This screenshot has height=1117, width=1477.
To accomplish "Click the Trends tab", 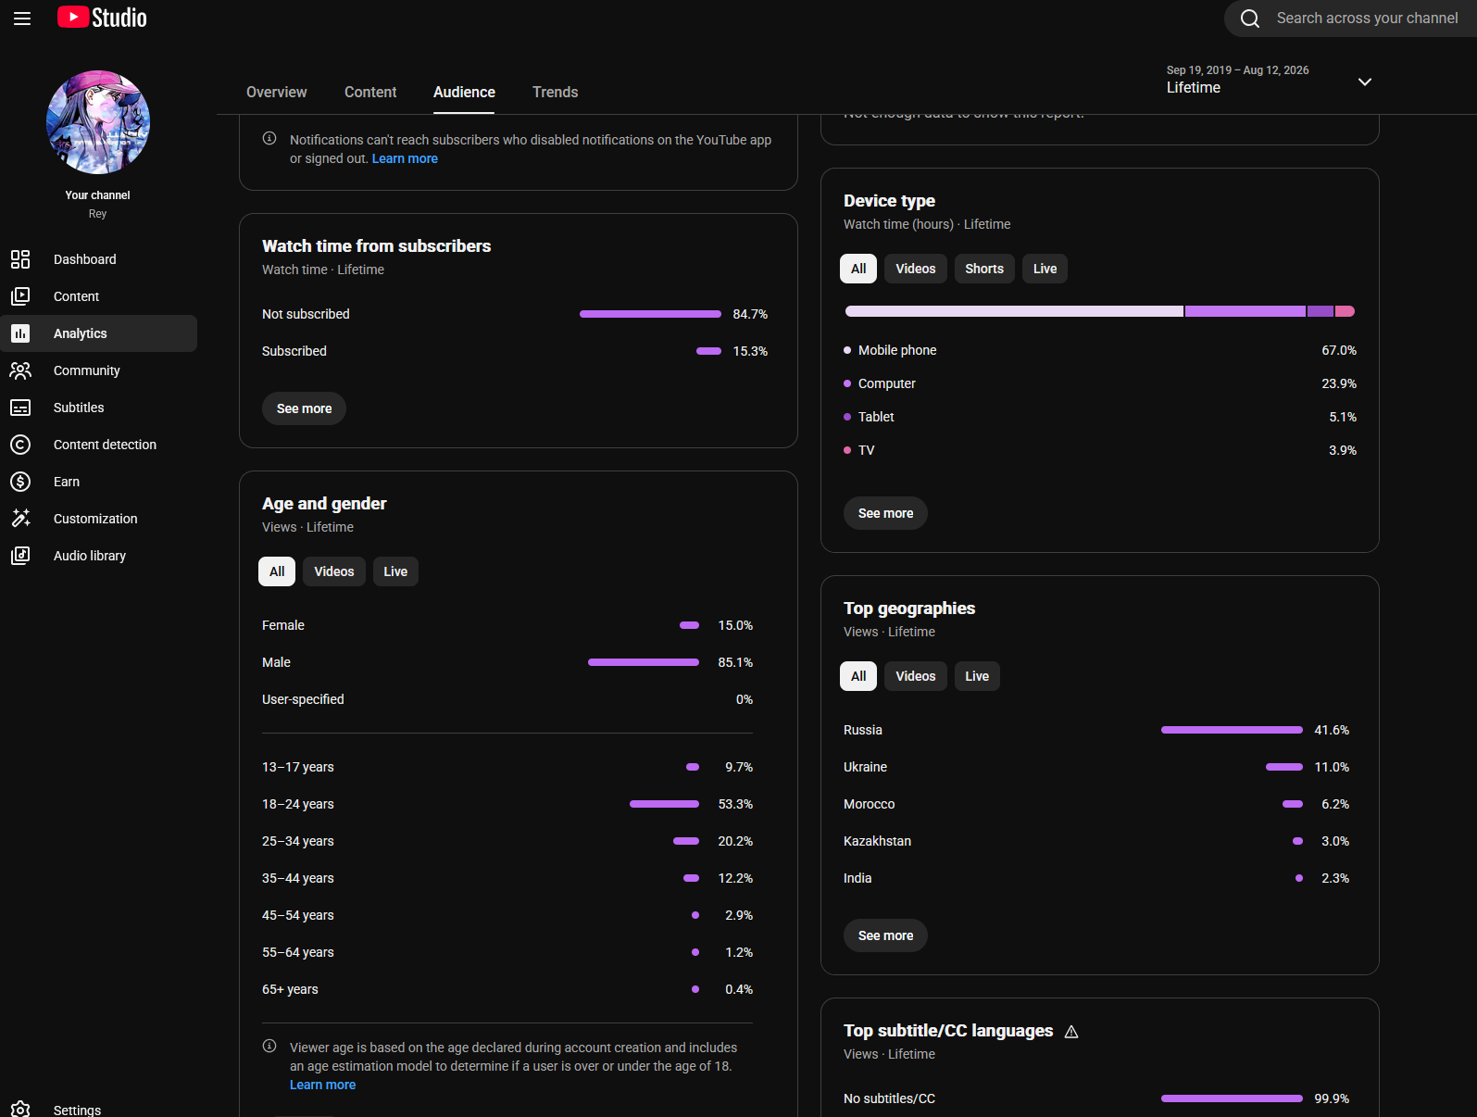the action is (x=555, y=93).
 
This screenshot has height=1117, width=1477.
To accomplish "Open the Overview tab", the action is (x=277, y=93).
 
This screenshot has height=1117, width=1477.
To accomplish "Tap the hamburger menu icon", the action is (x=22, y=19).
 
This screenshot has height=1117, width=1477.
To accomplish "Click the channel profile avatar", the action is (x=98, y=122).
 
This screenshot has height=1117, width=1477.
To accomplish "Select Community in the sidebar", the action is (x=87, y=370).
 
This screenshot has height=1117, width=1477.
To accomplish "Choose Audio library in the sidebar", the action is (x=90, y=556).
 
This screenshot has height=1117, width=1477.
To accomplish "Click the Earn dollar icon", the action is (x=20, y=482).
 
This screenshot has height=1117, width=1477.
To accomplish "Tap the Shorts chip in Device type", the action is (x=984, y=269).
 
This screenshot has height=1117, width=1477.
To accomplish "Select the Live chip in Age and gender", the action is (x=395, y=571).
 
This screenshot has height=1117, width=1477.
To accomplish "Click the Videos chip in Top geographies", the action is (x=915, y=676).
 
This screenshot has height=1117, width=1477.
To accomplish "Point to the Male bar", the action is (x=644, y=663).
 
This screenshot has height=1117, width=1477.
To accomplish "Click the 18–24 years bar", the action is (x=664, y=804).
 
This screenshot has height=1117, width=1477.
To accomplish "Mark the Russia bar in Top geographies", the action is (x=1232, y=730).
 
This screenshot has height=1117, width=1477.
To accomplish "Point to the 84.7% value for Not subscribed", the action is (x=750, y=314).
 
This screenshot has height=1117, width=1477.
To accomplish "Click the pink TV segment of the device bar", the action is (x=1345, y=311).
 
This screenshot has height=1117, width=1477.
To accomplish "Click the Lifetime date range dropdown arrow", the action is (x=1365, y=82).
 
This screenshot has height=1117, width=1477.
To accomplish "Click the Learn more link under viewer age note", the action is (x=322, y=1085).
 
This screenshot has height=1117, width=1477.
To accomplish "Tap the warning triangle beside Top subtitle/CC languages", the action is (x=1071, y=1032).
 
